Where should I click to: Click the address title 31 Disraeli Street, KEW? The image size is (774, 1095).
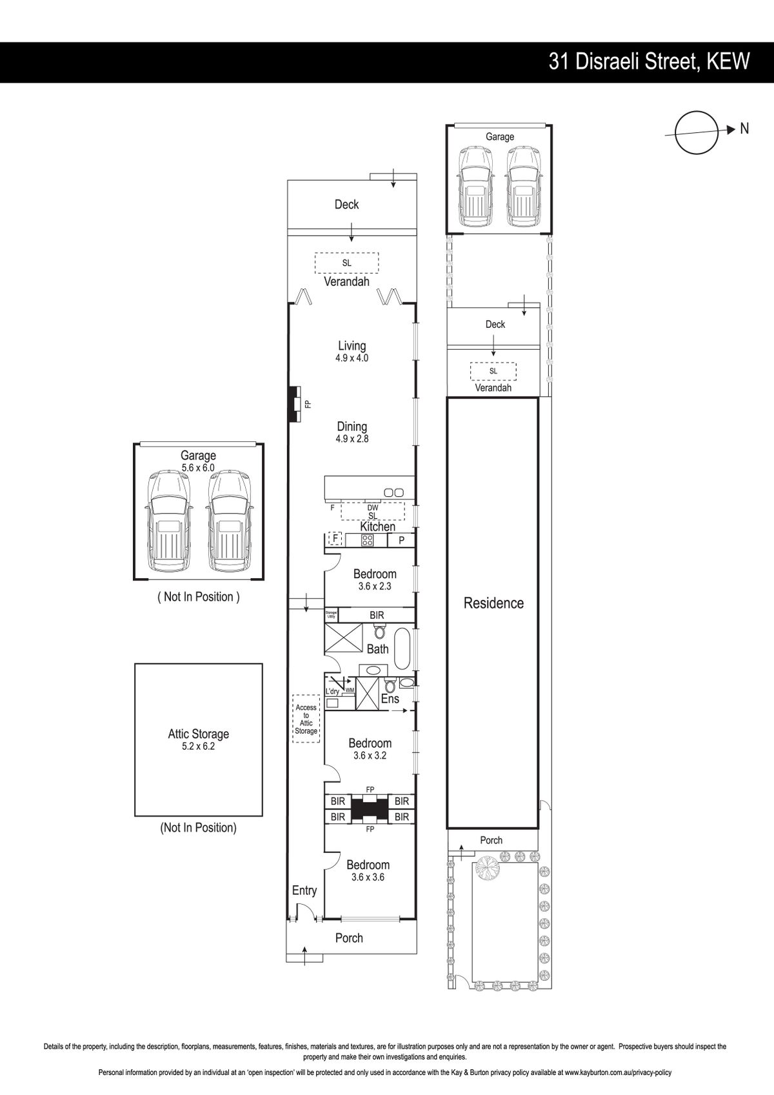(x=649, y=62)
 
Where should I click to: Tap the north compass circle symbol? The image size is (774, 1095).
(x=697, y=132)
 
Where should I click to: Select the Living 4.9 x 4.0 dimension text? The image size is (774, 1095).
(x=352, y=358)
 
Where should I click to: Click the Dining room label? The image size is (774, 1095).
(x=352, y=427)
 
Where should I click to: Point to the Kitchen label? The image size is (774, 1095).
(x=378, y=527)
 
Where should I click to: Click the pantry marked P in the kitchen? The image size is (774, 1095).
(x=402, y=540)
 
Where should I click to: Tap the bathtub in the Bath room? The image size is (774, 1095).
(x=402, y=649)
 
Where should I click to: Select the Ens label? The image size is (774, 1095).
(x=390, y=699)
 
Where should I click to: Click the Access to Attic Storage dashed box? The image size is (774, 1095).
(x=306, y=719)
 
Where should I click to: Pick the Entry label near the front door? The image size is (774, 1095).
(x=304, y=890)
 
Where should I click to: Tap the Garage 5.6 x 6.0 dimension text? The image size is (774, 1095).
(x=198, y=468)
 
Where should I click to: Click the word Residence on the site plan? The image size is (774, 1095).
(x=493, y=603)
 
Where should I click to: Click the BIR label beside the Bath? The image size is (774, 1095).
(x=377, y=615)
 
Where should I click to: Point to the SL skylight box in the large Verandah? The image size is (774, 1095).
(x=346, y=263)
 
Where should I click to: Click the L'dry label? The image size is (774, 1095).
(x=332, y=692)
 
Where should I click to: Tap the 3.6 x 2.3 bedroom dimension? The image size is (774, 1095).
(x=375, y=586)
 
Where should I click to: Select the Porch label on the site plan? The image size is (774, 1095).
(x=491, y=840)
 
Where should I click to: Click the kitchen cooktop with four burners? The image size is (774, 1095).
(x=367, y=540)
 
